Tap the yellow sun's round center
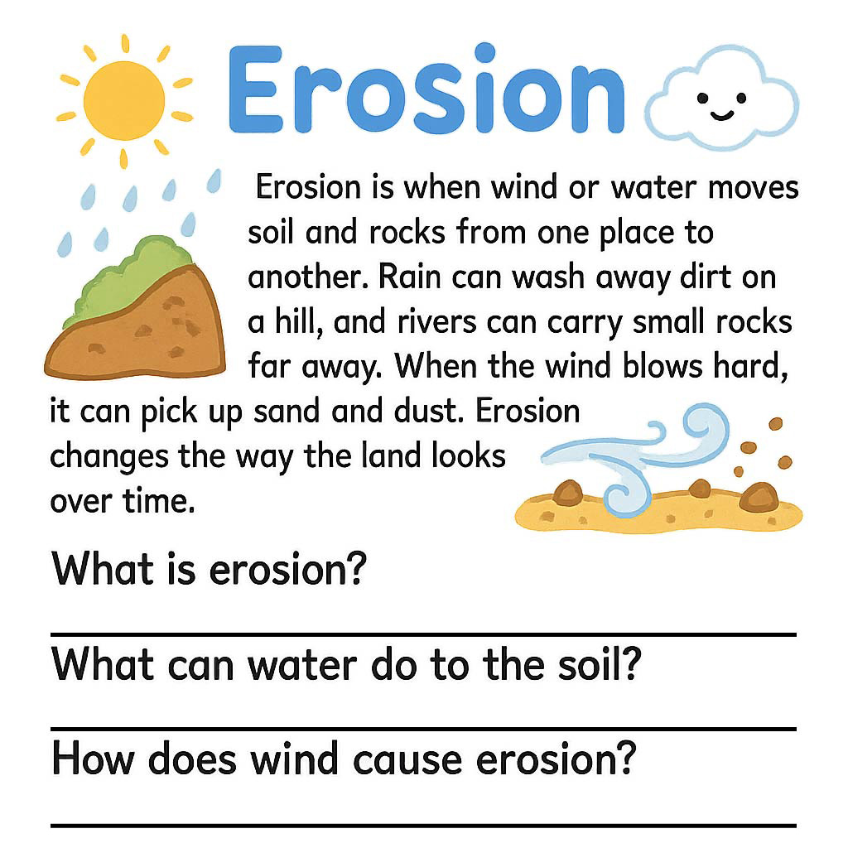124,100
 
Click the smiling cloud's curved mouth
721,115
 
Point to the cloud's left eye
702,98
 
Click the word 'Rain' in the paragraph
411,277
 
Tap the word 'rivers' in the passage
437,322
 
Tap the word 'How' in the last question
93,759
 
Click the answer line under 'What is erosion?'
423,634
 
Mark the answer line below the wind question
423,826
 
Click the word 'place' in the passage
636,233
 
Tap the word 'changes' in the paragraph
108,457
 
